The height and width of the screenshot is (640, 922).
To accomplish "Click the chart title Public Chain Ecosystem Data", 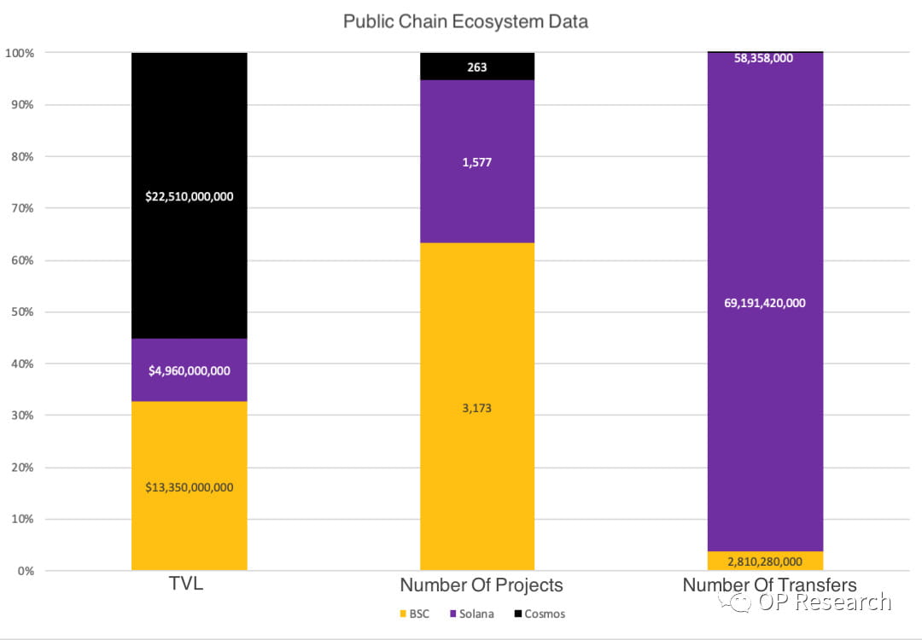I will click(465, 21).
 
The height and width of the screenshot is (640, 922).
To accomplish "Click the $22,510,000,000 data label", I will click(189, 196).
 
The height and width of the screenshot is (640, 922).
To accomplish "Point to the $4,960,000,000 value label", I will click(189, 371).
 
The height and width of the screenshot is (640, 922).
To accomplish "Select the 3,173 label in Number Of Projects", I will click(477, 408).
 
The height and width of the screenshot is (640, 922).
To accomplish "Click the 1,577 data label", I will click(477, 162).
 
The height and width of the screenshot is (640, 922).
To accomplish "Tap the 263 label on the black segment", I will click(477, 67).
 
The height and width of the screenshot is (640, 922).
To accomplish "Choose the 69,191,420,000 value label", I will click(765, 303).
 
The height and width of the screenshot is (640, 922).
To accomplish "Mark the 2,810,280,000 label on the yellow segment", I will click(765, 561).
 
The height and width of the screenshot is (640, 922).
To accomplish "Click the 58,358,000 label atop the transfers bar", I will click(765, 59).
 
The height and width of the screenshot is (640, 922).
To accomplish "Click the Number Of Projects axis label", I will click(481, 585).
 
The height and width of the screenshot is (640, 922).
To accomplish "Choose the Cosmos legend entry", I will click(539, 614).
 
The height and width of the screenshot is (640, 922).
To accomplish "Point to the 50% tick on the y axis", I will click(20, 312).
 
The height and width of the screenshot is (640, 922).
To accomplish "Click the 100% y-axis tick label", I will click(19, 53).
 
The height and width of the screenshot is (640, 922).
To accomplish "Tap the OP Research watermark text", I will click(824, 602).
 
